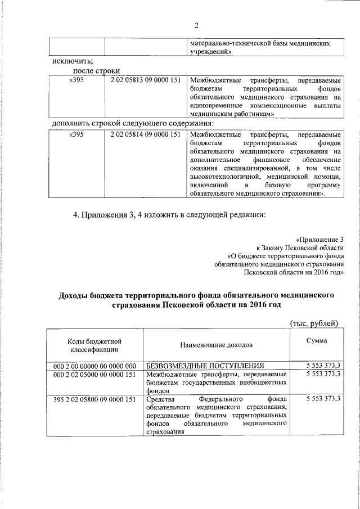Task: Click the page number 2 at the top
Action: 197,25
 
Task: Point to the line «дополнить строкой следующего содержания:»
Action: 133,123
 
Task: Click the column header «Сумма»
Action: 317,341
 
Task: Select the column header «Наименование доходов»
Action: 217,344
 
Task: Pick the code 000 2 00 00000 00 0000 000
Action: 95,366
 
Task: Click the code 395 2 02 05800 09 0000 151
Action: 95,399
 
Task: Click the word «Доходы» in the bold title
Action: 76,294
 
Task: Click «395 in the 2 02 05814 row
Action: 76,134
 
